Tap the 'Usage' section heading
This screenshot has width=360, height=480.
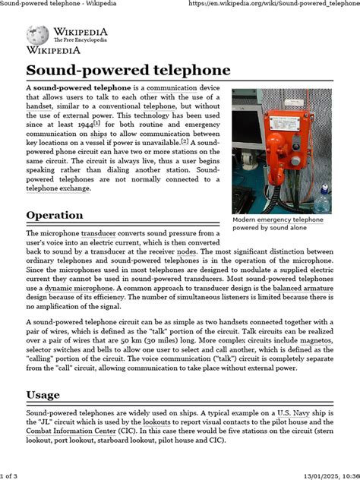point(43,395)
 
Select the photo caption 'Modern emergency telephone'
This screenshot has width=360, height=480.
point(277,219)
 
